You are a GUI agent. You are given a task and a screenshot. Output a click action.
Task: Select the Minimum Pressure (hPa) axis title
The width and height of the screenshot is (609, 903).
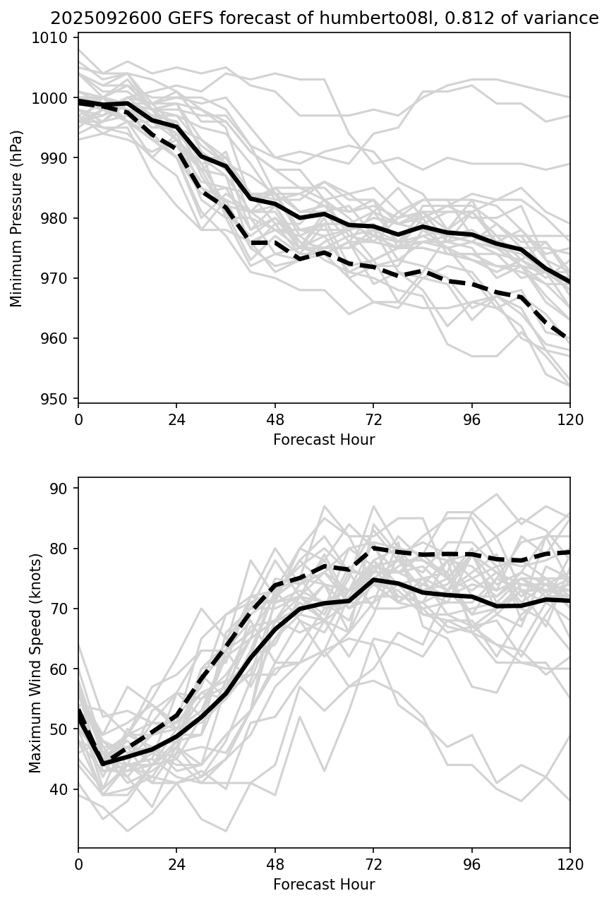17,218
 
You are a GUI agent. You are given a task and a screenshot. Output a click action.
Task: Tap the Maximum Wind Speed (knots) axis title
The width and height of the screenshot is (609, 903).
35,662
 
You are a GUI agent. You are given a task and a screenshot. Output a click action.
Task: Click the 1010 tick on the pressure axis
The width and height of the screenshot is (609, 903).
54,38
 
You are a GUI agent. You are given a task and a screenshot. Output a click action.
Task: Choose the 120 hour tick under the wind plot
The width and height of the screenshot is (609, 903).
569,865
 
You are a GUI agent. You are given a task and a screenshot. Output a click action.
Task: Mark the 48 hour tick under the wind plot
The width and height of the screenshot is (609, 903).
275,865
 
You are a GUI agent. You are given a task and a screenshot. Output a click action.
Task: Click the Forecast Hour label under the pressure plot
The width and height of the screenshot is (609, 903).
324,440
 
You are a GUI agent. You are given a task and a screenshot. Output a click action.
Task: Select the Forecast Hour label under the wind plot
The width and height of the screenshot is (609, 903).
324,885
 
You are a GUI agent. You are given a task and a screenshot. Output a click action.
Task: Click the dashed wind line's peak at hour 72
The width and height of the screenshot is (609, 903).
373,547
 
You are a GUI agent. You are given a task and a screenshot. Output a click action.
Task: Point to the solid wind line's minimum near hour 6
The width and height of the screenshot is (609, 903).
103,764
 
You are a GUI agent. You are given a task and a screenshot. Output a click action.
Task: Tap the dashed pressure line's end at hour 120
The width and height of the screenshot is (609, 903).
569,339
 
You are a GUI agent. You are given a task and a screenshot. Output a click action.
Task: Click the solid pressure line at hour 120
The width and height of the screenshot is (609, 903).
569,282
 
